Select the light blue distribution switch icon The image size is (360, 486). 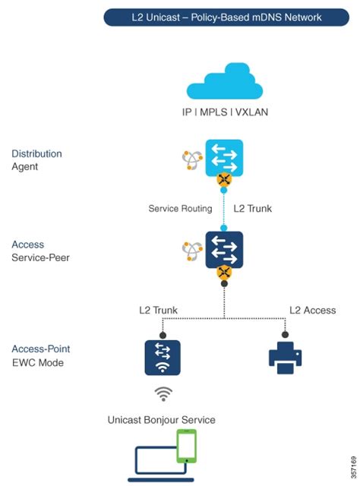[224, 158]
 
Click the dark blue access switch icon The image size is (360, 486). [224, 250]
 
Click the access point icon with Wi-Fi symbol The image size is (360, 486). [163, 357]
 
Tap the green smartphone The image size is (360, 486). [187, 447]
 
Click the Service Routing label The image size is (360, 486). [180, 209]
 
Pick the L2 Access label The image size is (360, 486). [312, 310]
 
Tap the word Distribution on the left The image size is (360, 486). [36, 153]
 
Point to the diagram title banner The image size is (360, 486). [225, 17]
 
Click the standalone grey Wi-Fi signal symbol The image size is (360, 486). [163, 393]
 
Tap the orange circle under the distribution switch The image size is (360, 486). [224, 181]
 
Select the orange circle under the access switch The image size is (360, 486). [224, 273]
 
